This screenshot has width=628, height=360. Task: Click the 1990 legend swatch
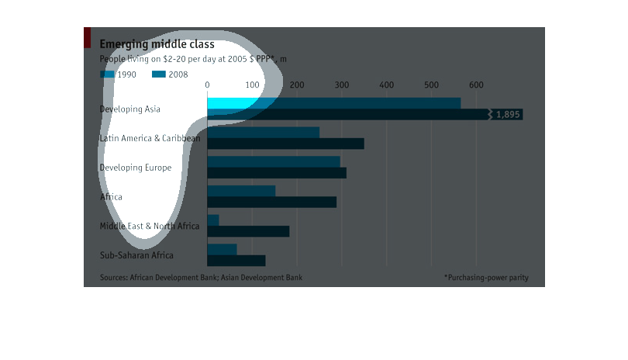(x=107, y=74)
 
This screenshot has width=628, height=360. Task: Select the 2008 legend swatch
(x=159, y=74)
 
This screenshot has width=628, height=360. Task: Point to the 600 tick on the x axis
(x=476, y=85)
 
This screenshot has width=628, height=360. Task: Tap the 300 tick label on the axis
(x=342, y=85)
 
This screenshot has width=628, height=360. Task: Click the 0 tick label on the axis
(x=207, y=85)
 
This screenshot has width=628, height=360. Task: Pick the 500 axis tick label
(x=431, y=85)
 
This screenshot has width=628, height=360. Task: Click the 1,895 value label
(x=508, y=115)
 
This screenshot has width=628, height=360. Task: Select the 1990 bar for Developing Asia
(x=333, y=103)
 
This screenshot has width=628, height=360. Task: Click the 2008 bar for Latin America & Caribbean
(x=285, y=144)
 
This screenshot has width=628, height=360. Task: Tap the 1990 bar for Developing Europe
(x=273, y=161)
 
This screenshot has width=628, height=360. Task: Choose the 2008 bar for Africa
(x=271, y=202)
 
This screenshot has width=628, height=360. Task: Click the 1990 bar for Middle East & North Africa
(x=213, y=220)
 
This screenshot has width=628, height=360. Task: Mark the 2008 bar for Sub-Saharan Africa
(x=236, y=261)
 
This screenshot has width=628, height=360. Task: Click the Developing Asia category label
(x=130, y=109)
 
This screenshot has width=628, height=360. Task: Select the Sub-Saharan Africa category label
(x=136, y=255)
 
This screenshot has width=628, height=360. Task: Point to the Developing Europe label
(x=136, y=168)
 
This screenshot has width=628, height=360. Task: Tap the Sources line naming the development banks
(x=201, y=277)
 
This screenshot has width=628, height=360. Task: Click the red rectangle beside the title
(x=88, y=36)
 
